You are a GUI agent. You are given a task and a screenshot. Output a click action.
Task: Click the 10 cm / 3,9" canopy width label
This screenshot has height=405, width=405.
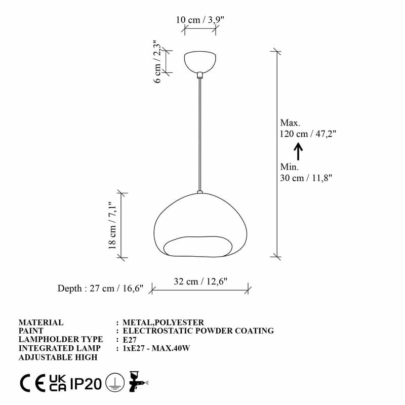(x=199, y=20)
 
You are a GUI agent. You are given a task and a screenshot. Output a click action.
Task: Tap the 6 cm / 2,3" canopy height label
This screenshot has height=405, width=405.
(x=157, y=62)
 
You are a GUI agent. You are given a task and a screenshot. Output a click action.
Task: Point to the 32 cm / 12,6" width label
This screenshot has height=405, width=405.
(x=200, y=281)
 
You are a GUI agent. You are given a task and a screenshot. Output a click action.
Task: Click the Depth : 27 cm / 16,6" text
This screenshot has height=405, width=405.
(x=100, y=289)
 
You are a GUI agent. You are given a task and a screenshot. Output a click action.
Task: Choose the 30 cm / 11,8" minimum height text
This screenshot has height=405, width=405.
(x=306, y=178)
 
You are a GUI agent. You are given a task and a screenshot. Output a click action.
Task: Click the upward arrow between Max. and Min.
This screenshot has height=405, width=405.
(x=298, y=151)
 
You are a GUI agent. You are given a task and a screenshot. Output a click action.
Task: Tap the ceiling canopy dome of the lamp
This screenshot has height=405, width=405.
(x=200, y=60)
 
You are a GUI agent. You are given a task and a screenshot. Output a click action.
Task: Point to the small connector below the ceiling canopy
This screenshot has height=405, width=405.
(x=200, y=74)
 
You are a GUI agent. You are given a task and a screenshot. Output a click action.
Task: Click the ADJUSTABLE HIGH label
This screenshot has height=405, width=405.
(x=58, y=357)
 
